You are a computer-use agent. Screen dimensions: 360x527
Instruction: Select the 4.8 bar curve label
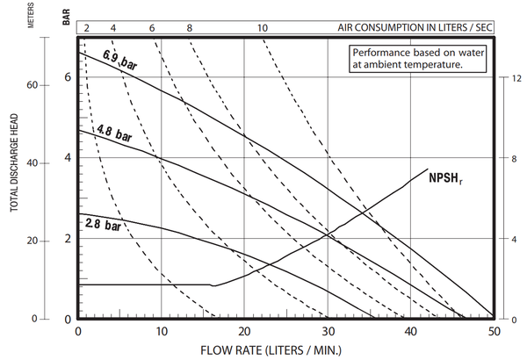coord(114,133)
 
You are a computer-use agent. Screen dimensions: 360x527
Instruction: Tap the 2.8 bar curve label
coord(102,225)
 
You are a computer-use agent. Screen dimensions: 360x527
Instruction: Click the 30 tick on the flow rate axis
coord(327,331)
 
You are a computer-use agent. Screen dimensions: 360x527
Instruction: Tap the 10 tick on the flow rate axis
coord(162,331)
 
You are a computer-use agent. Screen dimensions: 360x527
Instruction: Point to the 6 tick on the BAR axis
coord(68,77)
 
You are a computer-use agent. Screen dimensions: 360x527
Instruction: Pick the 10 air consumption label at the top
coord(263,28)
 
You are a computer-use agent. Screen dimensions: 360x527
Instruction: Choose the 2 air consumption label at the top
coord(86,28)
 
